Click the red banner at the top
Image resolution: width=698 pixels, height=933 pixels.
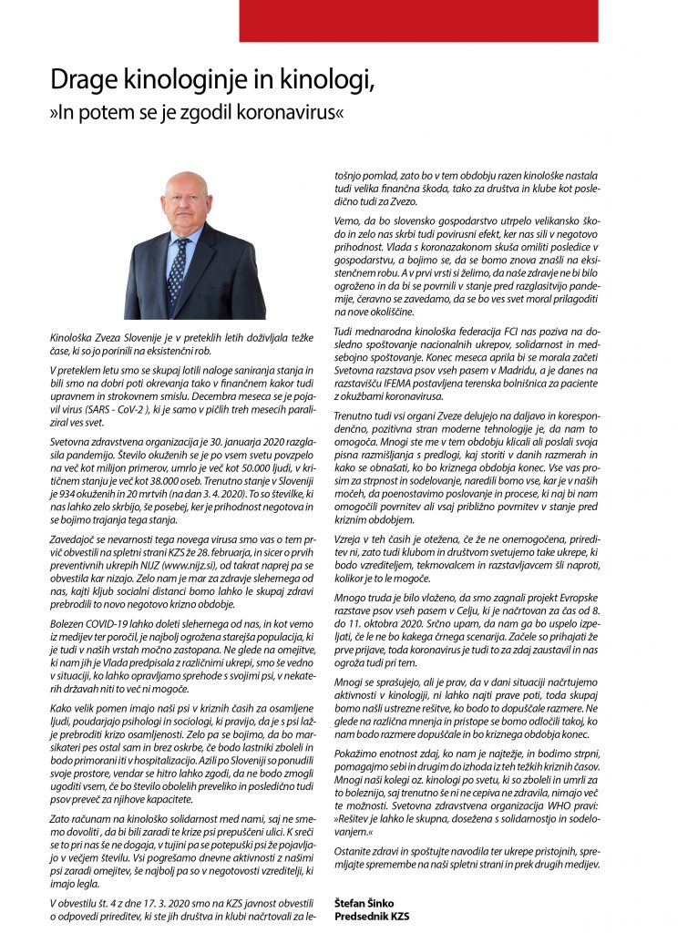click(418, 20)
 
